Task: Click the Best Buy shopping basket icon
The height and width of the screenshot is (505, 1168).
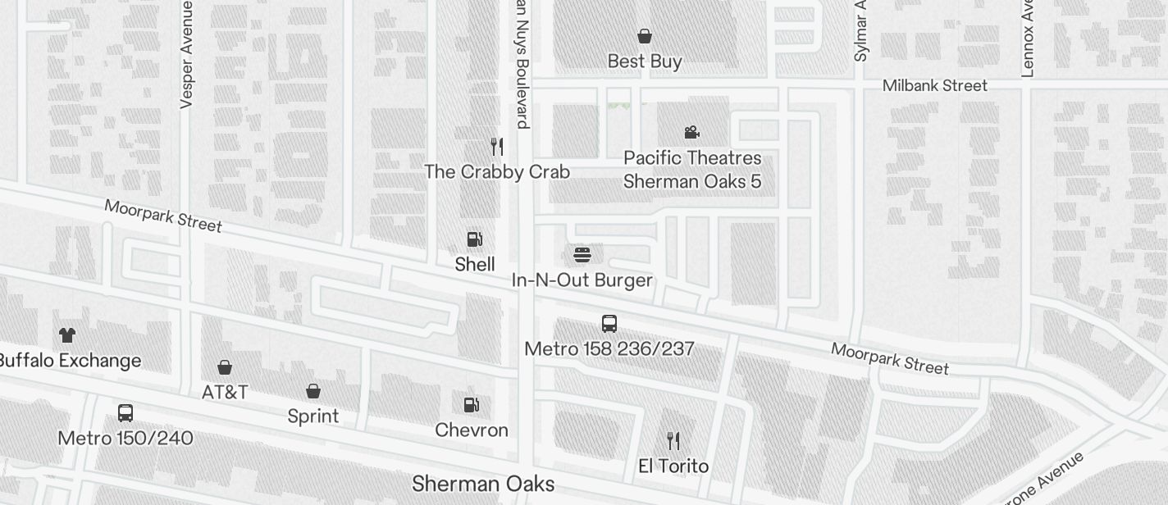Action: (645, 36)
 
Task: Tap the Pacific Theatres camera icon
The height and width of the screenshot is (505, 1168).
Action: (691, 132)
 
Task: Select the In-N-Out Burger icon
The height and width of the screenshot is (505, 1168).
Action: (582, 255)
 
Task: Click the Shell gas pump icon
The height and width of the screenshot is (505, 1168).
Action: (474, 239)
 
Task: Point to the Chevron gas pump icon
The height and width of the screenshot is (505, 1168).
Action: (472, 405)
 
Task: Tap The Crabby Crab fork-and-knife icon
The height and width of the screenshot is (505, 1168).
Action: (496, 147)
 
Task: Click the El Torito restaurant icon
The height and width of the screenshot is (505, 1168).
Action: (673, 441)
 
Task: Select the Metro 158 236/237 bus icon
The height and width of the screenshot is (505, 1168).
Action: (609, 324)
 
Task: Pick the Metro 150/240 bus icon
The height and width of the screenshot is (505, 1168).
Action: (125, 413)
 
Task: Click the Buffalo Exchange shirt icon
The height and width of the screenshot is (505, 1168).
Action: (67, 335)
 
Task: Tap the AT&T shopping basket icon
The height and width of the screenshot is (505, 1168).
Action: (225, 367)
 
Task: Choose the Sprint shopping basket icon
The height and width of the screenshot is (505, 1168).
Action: (313, 391)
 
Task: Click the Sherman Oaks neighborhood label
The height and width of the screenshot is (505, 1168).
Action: (483, 484)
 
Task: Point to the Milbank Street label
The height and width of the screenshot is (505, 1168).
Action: (934, 85)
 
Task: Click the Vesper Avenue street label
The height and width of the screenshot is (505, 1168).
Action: (186, 54)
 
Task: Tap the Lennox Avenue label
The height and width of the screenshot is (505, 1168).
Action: (1028, 38)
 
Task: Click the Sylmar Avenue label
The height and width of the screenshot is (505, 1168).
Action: (860, 31)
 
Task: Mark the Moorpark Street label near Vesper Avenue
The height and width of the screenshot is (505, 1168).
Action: (163, 216)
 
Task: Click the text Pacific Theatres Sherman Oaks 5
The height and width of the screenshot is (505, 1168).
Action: (692, 170)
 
